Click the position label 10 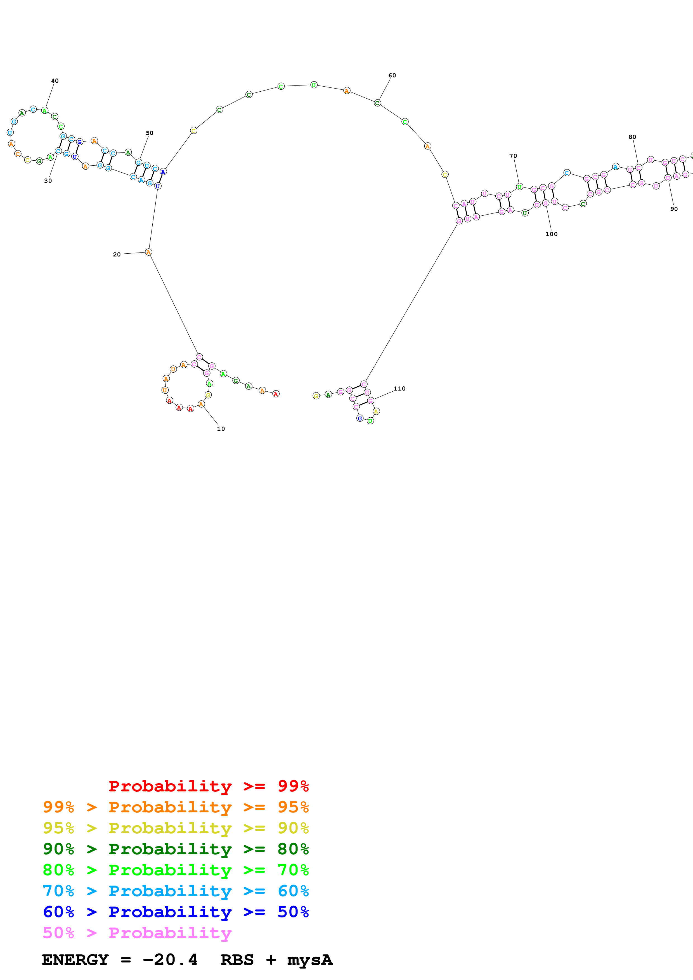(221, 429)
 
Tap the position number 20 (117, 254)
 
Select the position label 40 (55, 81)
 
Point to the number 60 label (392, 75)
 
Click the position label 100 (551, 234)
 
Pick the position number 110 (399, 388)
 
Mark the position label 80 (632, 137)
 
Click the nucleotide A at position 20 (148, 252)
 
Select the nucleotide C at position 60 (377, 103)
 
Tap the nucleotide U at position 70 (519, 187)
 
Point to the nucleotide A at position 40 (44, 111)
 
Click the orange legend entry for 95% (176, 807)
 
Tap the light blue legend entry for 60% (176, 891)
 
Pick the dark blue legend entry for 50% (176, 912)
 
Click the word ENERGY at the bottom (75, 960)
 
